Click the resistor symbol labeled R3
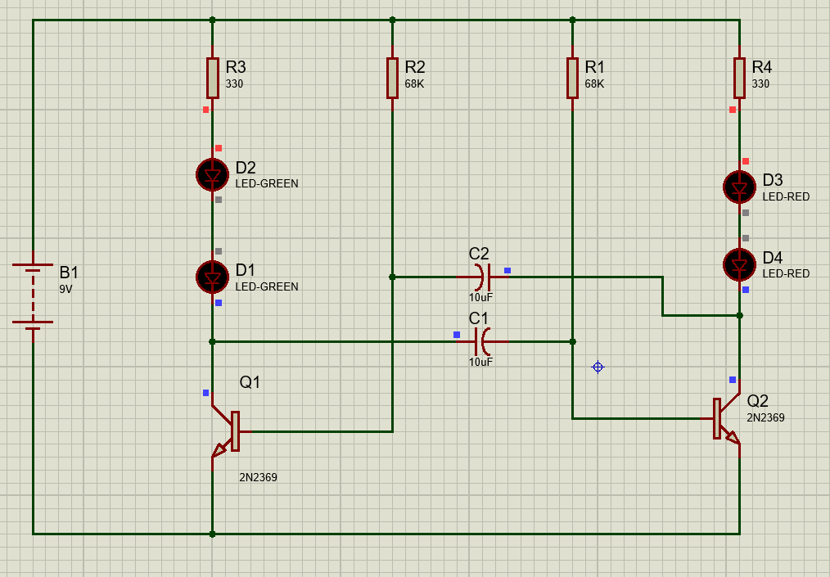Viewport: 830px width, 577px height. click(x=212, y=78)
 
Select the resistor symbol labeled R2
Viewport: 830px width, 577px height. click(x=392, y=78)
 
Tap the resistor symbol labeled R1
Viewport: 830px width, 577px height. click(x=572, y=78)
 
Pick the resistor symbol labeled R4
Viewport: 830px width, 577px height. click(x=739, y=78)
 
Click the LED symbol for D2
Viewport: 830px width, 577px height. click(x=212, y=174)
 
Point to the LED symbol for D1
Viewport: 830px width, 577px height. click(x=212, y=277)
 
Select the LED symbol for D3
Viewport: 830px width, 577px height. click(x=739, y=187)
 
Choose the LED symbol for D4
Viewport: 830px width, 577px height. click(x=739, y=264)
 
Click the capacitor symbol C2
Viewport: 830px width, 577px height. click(x=482, y=277)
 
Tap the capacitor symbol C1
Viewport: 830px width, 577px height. click(x=482, y=340)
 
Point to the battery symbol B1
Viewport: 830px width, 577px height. click(x=33, y=295)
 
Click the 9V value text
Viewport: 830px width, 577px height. click(x=65, y=290)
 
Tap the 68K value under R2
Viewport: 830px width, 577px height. click(x=414, y=84)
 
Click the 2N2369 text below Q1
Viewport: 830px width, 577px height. click(x=258, y=477)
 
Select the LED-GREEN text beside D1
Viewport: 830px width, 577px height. click(x=267, y=287)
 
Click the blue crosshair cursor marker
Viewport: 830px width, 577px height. click(x=598, y=367)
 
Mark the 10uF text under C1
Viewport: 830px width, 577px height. click(x=480, y=362)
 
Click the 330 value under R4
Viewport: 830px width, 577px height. click(x=760, y=84)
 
